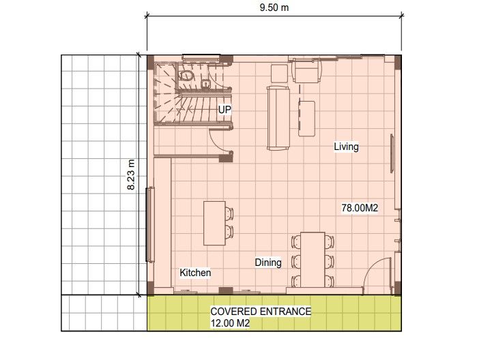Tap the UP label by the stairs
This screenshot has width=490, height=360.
(224, 109)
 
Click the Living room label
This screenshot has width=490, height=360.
(346, 147)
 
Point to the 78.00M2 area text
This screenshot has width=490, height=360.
(360, 208)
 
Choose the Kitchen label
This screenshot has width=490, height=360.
(195, 273)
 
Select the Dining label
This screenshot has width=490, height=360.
(268, 262)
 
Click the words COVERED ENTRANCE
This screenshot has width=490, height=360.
(261, 312)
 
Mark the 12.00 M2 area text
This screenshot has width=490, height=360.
(230, 324)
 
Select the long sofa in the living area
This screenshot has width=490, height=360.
(278, 117)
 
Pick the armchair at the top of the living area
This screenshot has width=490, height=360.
(306, 71)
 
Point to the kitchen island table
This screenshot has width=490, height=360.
(214, 222)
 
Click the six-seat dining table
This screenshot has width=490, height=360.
(313, 260)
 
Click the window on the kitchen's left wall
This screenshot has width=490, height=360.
(149, 224)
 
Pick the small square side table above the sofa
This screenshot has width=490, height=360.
(278, 72)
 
